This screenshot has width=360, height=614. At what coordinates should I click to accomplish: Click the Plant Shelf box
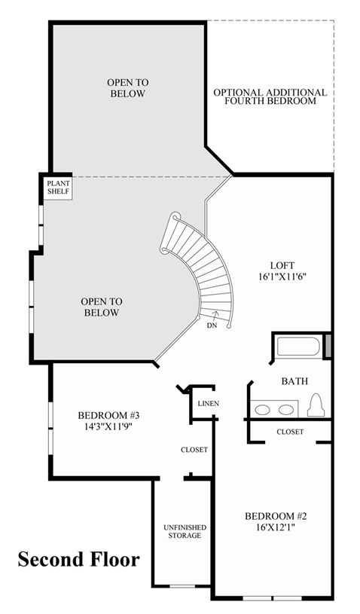(58, 188)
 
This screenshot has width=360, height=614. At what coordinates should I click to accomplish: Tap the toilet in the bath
(316, 405)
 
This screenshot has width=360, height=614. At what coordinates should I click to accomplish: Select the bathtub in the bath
(298, 347)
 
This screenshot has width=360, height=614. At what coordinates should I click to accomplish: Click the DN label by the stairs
(212, 325)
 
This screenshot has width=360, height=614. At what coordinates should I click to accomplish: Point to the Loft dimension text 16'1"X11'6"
(282, 276)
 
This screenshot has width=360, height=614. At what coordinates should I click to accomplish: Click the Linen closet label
(208, 403)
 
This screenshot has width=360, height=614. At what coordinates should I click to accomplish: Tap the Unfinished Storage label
(185, 531)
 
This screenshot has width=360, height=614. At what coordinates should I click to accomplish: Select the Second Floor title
(78, 559)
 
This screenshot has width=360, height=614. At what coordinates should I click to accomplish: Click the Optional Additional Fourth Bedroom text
(270, 96)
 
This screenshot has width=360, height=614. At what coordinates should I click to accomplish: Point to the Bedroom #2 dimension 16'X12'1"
(276, 527)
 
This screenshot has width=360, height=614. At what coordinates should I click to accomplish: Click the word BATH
(294, 381)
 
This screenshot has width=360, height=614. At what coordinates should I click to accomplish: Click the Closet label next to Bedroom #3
(194, 450)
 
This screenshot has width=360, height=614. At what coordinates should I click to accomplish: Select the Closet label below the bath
(290, 432)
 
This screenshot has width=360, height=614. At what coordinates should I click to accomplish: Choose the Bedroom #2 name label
(276, 516)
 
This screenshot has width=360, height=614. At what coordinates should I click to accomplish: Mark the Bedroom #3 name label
(108, 415)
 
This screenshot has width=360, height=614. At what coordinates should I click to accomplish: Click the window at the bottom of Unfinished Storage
(182, 586)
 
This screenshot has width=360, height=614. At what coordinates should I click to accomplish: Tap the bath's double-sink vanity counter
(274, 409)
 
